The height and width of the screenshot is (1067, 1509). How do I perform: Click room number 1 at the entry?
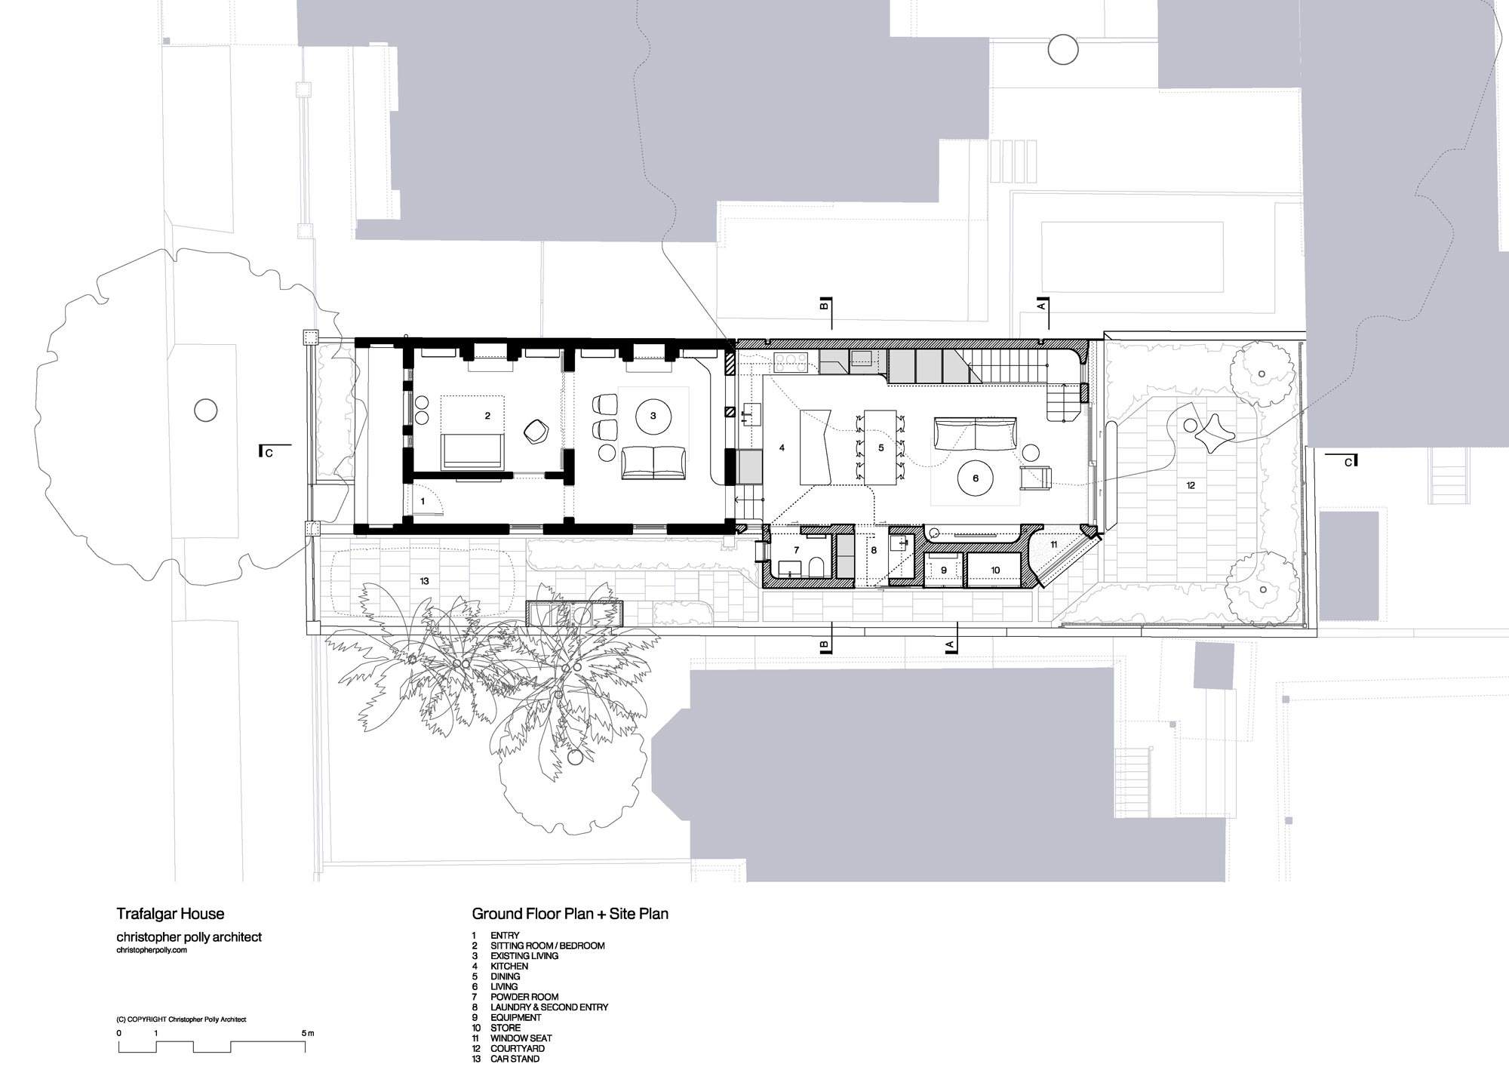tap(423, 501)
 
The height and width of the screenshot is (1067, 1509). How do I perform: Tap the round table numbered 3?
tap(653, 416)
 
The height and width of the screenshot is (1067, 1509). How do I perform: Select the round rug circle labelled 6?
tap(976, 478)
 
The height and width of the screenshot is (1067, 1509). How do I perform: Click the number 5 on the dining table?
tap(881, 448)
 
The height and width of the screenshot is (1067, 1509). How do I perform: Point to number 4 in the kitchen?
tap(782, 448)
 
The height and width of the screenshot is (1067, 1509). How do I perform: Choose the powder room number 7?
tap(796, 551)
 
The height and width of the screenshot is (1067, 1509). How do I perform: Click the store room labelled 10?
tap(995, 570)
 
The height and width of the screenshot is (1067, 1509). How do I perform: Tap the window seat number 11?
tap(1054, 544)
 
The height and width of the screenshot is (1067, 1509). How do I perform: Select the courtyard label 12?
tap(1191, 485)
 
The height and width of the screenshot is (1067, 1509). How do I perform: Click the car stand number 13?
tap(425, 581)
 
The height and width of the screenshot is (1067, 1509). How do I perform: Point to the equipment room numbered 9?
tap(943, 570)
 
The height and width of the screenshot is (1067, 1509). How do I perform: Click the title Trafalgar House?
tap(170, 914)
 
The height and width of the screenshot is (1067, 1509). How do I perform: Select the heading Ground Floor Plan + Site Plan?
tap(570, 914)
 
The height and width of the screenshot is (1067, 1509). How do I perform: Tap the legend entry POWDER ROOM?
tap(524, 997)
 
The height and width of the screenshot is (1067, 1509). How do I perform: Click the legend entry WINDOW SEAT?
tap(521, 1038)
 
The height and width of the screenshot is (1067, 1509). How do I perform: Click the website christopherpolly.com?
tap(152, 950)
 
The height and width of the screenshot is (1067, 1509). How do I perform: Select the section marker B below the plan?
tap(825, 646)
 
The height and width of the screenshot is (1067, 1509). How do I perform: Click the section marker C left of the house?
tap(269, 453)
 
